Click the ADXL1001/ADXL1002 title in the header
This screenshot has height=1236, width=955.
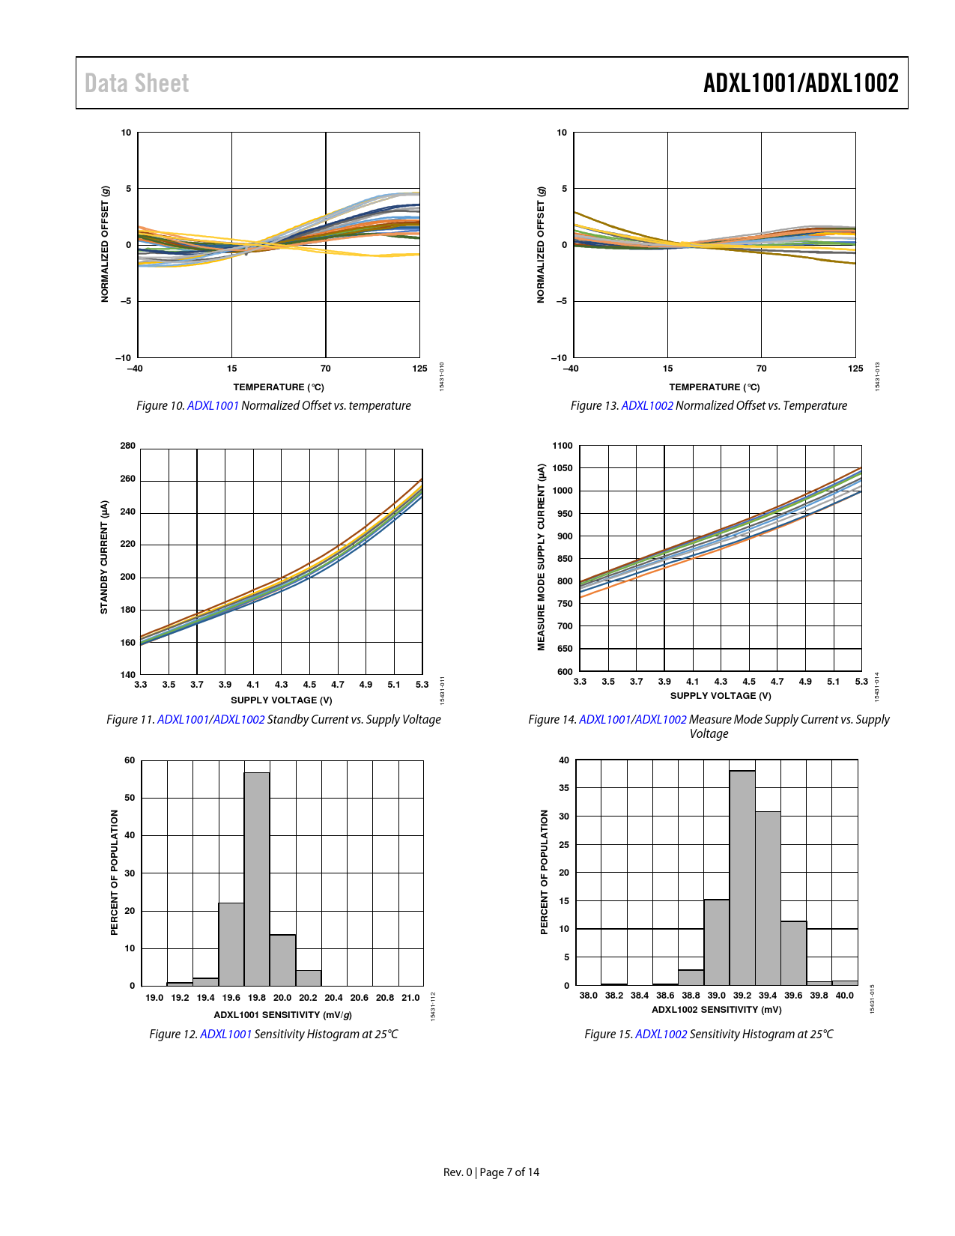click(800, 83)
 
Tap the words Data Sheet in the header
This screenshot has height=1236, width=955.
click(136, 83)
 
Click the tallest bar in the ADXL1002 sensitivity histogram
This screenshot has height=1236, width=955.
click(742, 877)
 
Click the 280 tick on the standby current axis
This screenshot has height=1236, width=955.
click(128, 446)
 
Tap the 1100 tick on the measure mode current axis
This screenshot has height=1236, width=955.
click(562, 446)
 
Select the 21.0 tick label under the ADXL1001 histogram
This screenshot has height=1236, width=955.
click(410, 998)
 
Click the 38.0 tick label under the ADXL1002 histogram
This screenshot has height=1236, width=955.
click(589, 996)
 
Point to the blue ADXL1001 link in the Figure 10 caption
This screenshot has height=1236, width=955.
click(213, 406)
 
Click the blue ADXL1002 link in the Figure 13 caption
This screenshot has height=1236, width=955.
click(647, 406)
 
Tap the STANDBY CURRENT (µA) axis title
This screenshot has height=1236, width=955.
click(104, 557)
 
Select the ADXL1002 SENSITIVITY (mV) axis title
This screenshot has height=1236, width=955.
click(717, 1010)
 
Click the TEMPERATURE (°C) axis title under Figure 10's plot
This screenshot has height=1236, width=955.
click(279, 387)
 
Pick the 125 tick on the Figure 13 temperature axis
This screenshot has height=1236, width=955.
click(855, 369)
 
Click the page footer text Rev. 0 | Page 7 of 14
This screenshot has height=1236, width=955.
click(491, 1172)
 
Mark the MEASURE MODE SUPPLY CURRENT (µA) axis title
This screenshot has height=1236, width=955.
click(541, 557)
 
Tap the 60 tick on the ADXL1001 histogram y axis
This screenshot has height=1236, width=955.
click(130, 760)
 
